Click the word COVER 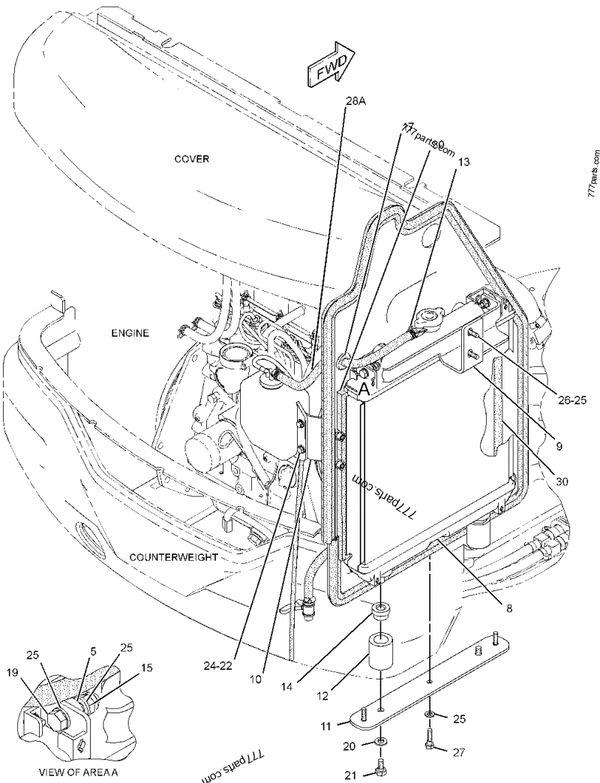(x=192, y=159)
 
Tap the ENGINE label (x=131, y=333)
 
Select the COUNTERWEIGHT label (x=173, y=557)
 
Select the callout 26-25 (x=570, y=400)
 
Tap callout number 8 (x=509, y=609)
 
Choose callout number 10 (x=256, y=679)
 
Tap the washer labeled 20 (x=381, y=742)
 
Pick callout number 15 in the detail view (x=146, y=666)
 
